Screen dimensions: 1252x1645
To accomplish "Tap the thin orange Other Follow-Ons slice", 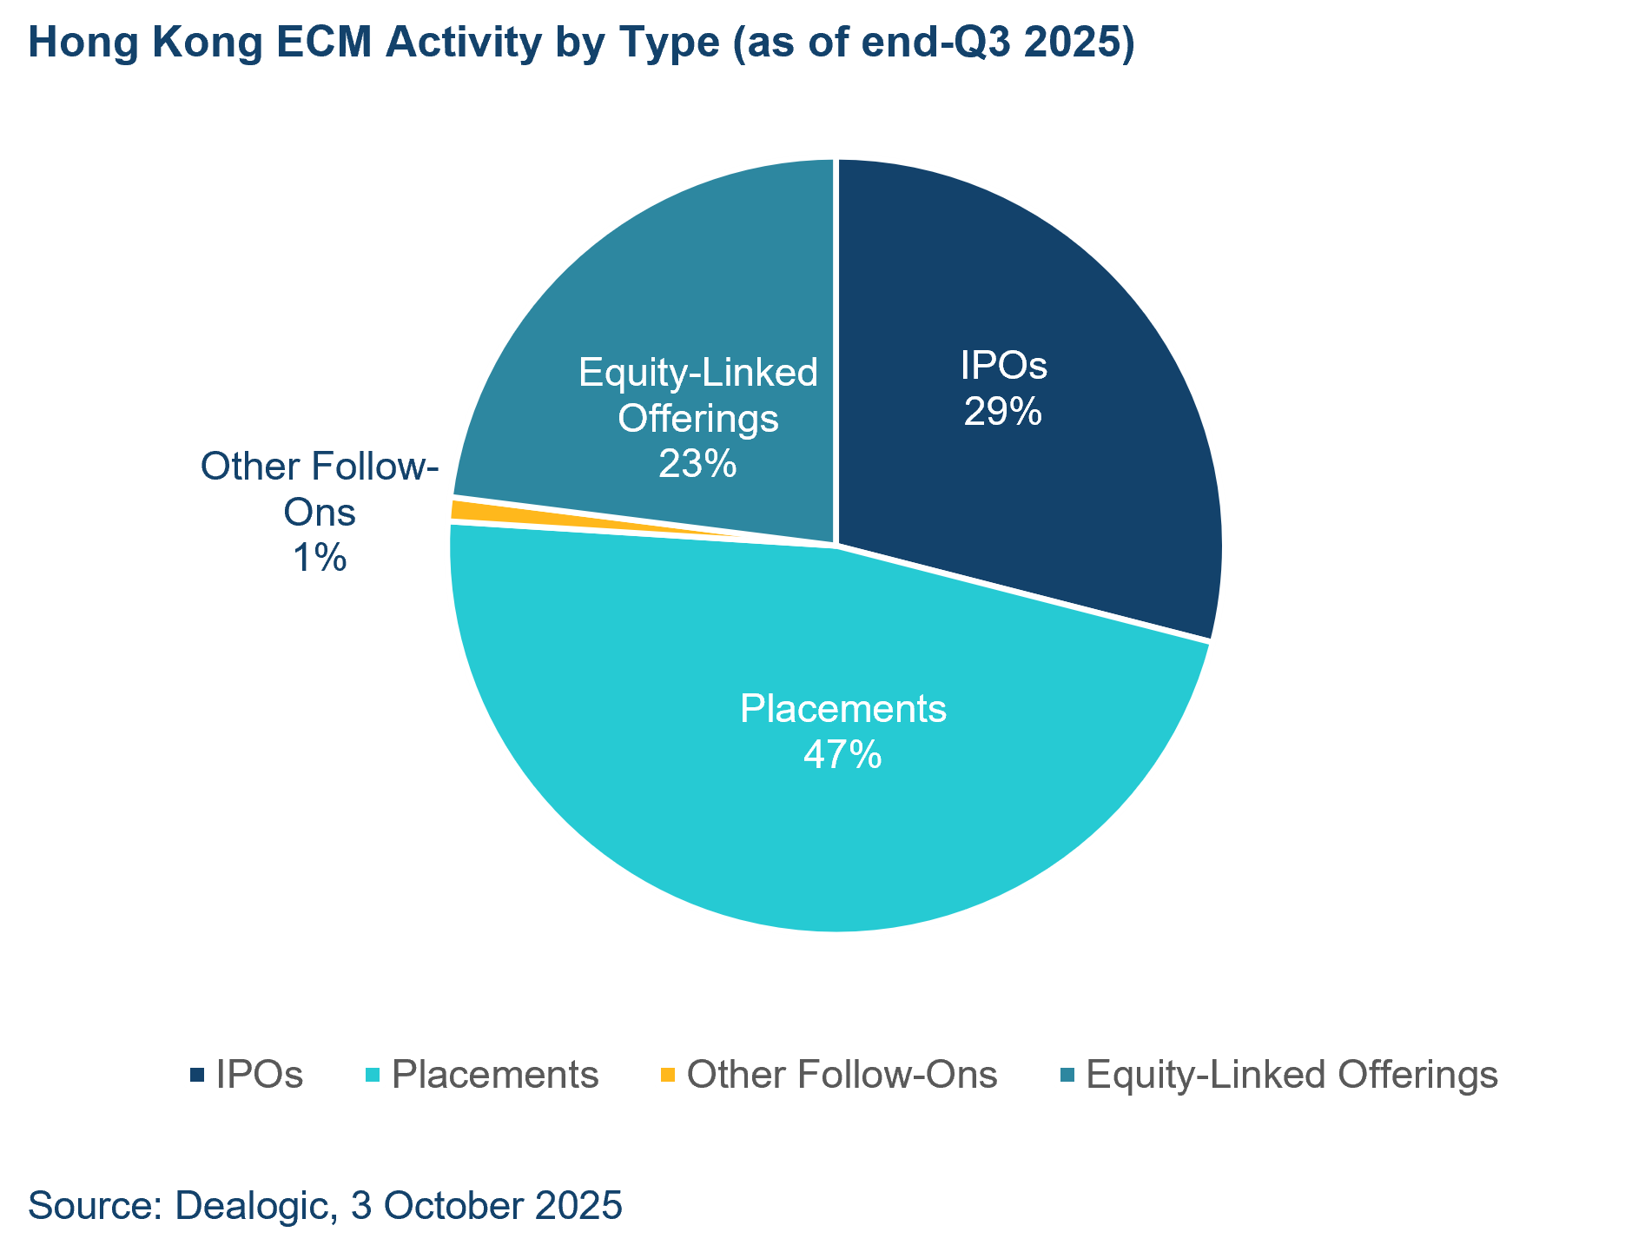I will (x=486, y=511).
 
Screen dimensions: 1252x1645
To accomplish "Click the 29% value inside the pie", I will (x=1002, y=412).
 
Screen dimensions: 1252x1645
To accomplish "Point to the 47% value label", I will (x=842, y=754).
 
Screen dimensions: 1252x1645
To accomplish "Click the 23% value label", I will (x=697, y=464).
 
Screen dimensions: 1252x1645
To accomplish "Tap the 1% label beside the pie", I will (x=320, y=557).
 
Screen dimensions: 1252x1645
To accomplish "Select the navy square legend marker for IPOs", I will (x=198, y=1076).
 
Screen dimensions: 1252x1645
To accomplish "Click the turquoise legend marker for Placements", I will (x=373, y=1076).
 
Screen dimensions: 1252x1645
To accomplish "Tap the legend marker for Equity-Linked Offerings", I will (x=1067, y=1076).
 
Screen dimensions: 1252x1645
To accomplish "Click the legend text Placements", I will (x=495, y=1076).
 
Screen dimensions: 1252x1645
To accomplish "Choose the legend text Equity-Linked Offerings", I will (x=1292, y=1076).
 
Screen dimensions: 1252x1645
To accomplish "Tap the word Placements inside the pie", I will (x=842, y=709).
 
